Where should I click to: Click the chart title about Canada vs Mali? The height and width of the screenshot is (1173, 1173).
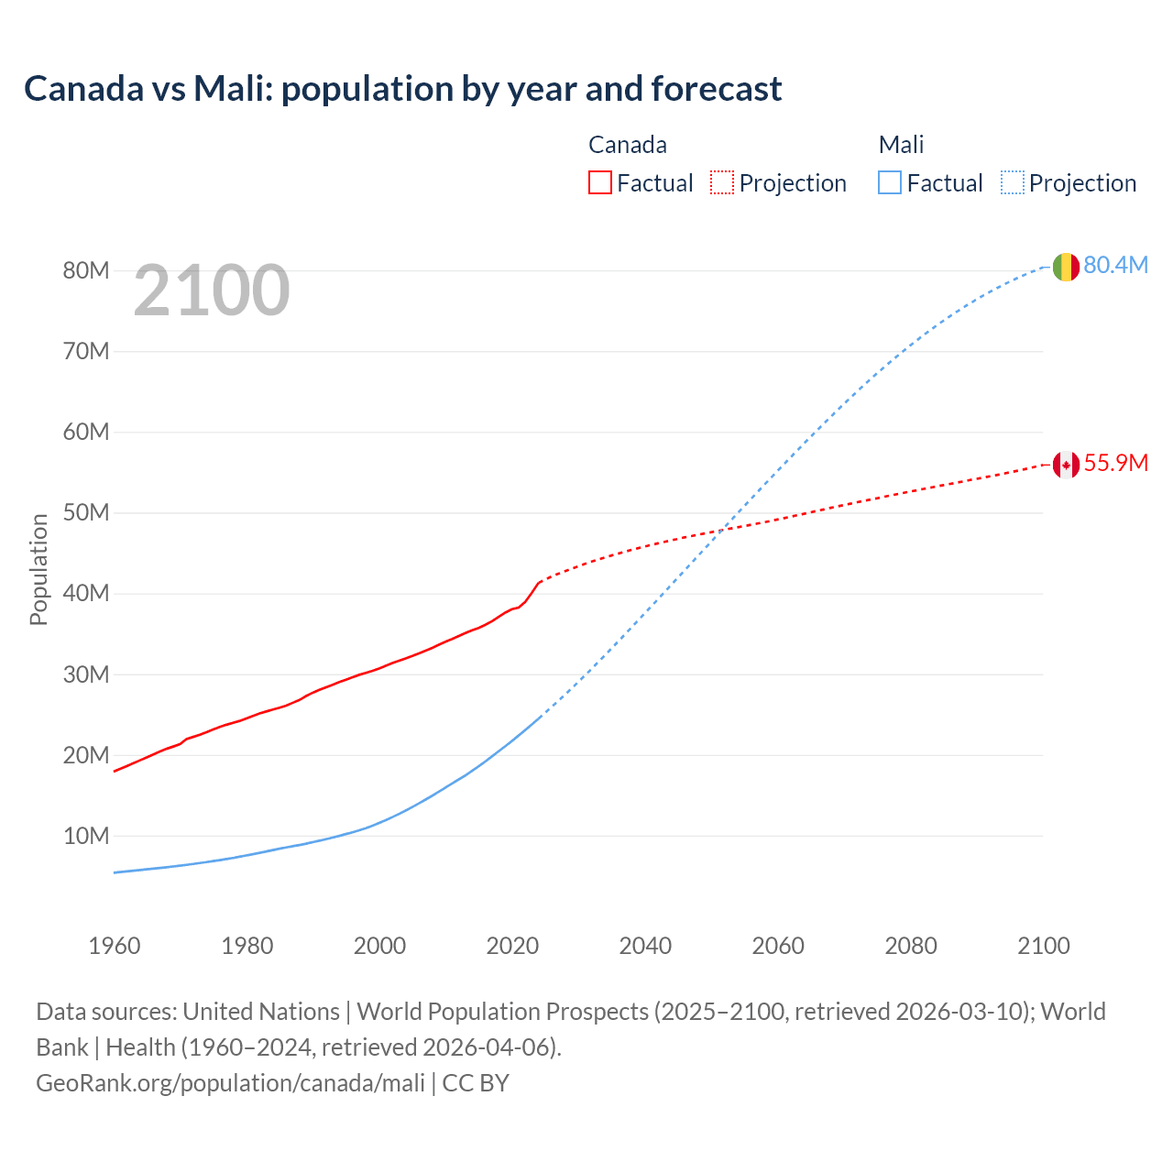point(403,89)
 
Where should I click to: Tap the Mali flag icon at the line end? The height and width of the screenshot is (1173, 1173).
point(1065,267)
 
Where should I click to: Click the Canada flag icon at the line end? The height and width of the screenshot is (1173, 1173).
point(1065,465)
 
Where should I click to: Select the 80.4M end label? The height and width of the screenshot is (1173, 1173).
point(1115,265)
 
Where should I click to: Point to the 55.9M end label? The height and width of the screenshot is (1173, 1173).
point(1115,463)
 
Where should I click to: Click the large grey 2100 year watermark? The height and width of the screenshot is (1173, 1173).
point(212,291)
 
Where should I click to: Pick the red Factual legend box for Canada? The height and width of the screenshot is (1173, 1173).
point(600,182)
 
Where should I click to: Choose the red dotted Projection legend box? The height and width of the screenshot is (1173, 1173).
point(722,182)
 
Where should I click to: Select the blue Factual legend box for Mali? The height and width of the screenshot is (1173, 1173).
point(890,182)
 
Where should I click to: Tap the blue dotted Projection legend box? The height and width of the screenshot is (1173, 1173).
point(1013,182)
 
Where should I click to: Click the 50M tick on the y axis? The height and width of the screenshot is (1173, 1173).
point(86,512)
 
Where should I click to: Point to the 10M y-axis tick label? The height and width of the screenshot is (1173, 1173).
point(86,836)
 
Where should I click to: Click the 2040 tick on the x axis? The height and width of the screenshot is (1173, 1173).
point(645,946)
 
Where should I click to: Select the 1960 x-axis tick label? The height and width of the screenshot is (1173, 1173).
point(115,946)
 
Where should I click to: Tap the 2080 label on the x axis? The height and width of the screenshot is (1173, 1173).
point(911,946)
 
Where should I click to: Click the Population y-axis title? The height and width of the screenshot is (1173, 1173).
point(38,569)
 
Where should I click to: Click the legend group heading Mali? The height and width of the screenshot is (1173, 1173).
point(901,145)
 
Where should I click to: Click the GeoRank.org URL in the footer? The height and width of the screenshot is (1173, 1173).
point(230,1083)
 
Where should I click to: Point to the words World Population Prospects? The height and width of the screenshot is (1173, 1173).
point(502,1012)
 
